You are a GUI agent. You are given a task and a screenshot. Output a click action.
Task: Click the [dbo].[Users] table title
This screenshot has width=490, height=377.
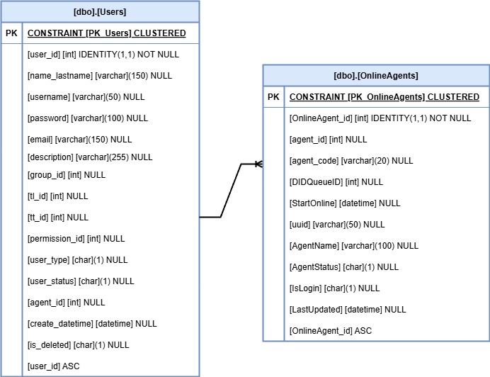(x=100, y=12)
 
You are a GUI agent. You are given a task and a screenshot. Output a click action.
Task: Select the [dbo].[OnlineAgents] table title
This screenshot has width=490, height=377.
(x=376, y=76)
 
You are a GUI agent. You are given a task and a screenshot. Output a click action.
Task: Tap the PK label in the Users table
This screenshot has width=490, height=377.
(x=12, y=33)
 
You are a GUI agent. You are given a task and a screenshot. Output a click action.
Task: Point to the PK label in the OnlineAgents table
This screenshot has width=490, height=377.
(x=273, y=97)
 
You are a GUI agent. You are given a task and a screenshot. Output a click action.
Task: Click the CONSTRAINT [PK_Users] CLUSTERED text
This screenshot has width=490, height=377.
(x=107, y=33)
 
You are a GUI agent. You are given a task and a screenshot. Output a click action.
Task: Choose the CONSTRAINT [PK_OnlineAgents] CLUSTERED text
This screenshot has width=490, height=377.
(x=384, y=97)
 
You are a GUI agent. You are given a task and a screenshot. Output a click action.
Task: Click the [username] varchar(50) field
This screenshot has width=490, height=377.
(x=86, y=97)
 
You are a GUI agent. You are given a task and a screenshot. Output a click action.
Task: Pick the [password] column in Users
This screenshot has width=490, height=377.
(x=88, y=118)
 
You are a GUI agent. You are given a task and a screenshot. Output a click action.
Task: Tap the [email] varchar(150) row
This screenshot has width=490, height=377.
(x=79, y=140)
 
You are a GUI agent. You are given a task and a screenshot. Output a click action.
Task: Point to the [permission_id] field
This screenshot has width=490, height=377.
(x=76, y=239)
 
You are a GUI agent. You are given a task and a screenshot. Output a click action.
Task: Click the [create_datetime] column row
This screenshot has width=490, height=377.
(x=92, y=324)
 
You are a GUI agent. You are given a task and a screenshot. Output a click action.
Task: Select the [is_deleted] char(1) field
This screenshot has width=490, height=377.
(x=78, y=345)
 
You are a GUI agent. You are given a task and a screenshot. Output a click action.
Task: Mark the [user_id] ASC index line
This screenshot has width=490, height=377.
(x=53, y=366)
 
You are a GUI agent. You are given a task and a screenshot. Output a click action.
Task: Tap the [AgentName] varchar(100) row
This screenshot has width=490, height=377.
(x=354, y=246)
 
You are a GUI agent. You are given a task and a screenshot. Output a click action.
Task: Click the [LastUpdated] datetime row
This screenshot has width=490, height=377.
(x=348, y=310)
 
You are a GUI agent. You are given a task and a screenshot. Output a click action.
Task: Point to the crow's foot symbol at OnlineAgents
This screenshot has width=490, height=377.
(x=258, y=164)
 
